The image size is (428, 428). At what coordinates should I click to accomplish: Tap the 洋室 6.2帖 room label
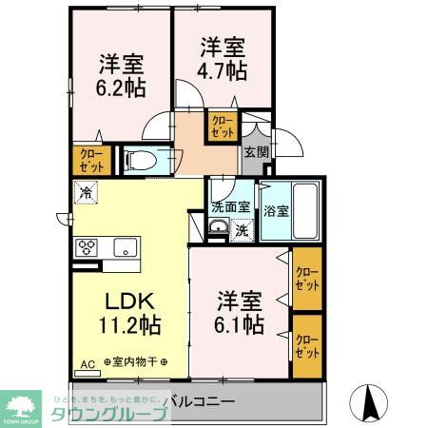(x=123, y=76)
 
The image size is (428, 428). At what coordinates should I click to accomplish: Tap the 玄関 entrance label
(x=255, y=151)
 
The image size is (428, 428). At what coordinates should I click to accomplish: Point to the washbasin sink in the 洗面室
(x=219, y=227)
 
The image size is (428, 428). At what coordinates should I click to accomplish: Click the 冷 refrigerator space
(x=87, y=193)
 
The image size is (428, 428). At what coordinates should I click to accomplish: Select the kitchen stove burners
(x=87, y=248)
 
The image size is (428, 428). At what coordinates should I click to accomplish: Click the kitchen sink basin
(x=125, y=248)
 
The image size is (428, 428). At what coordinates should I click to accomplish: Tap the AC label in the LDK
(x=88, y=363)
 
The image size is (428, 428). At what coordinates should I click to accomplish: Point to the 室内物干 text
(x=133, y=362)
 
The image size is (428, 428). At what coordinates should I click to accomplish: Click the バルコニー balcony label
(x=195, y=401)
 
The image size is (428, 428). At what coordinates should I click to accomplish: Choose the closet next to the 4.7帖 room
(x=224, y=126)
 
